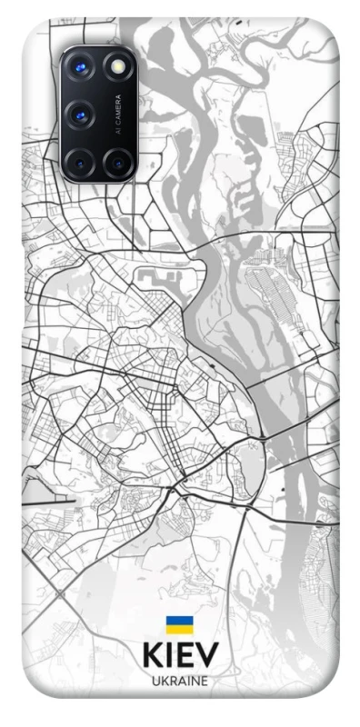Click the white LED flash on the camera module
(x=117, y=68)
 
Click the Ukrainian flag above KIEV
(x=179, y=624)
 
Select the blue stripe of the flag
(x=179, y=621)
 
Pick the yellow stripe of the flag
(x=179, y=629)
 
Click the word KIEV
(x=180, y=656)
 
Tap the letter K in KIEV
(x=151, y=656)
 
